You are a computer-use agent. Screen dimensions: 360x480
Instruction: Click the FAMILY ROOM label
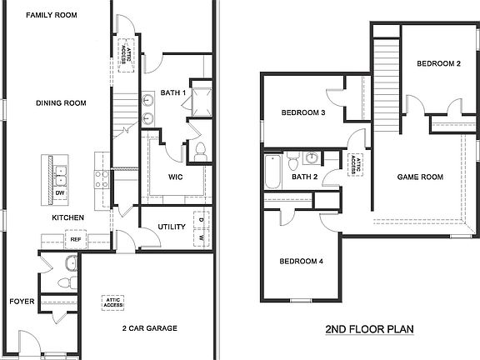(53, 15)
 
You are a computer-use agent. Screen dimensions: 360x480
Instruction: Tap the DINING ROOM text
(61, 103)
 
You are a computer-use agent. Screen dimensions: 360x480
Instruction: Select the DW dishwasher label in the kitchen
(60, 193)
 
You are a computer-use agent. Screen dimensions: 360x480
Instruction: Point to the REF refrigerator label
(75, 239)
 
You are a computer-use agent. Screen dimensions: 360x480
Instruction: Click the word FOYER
(22, 301)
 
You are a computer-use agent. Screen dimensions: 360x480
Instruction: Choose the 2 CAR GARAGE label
(149, 328)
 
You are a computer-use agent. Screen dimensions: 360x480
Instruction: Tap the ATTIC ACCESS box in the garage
(113, 302)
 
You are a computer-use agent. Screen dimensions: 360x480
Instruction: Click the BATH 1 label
(172, 93)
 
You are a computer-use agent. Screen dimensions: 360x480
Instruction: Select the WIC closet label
(174, 177)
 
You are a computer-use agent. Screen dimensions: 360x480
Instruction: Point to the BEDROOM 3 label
(302, 113)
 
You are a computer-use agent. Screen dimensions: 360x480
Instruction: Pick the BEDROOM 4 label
(301, 262)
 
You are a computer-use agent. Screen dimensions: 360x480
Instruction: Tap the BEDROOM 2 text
(438, 63)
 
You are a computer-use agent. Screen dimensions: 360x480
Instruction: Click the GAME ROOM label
(419, 177)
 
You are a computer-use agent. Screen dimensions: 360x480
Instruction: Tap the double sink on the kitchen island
(60, 175)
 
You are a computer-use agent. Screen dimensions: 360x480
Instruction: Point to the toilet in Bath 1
(200, 152)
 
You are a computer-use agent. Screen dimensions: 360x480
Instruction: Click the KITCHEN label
(68, 217)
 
